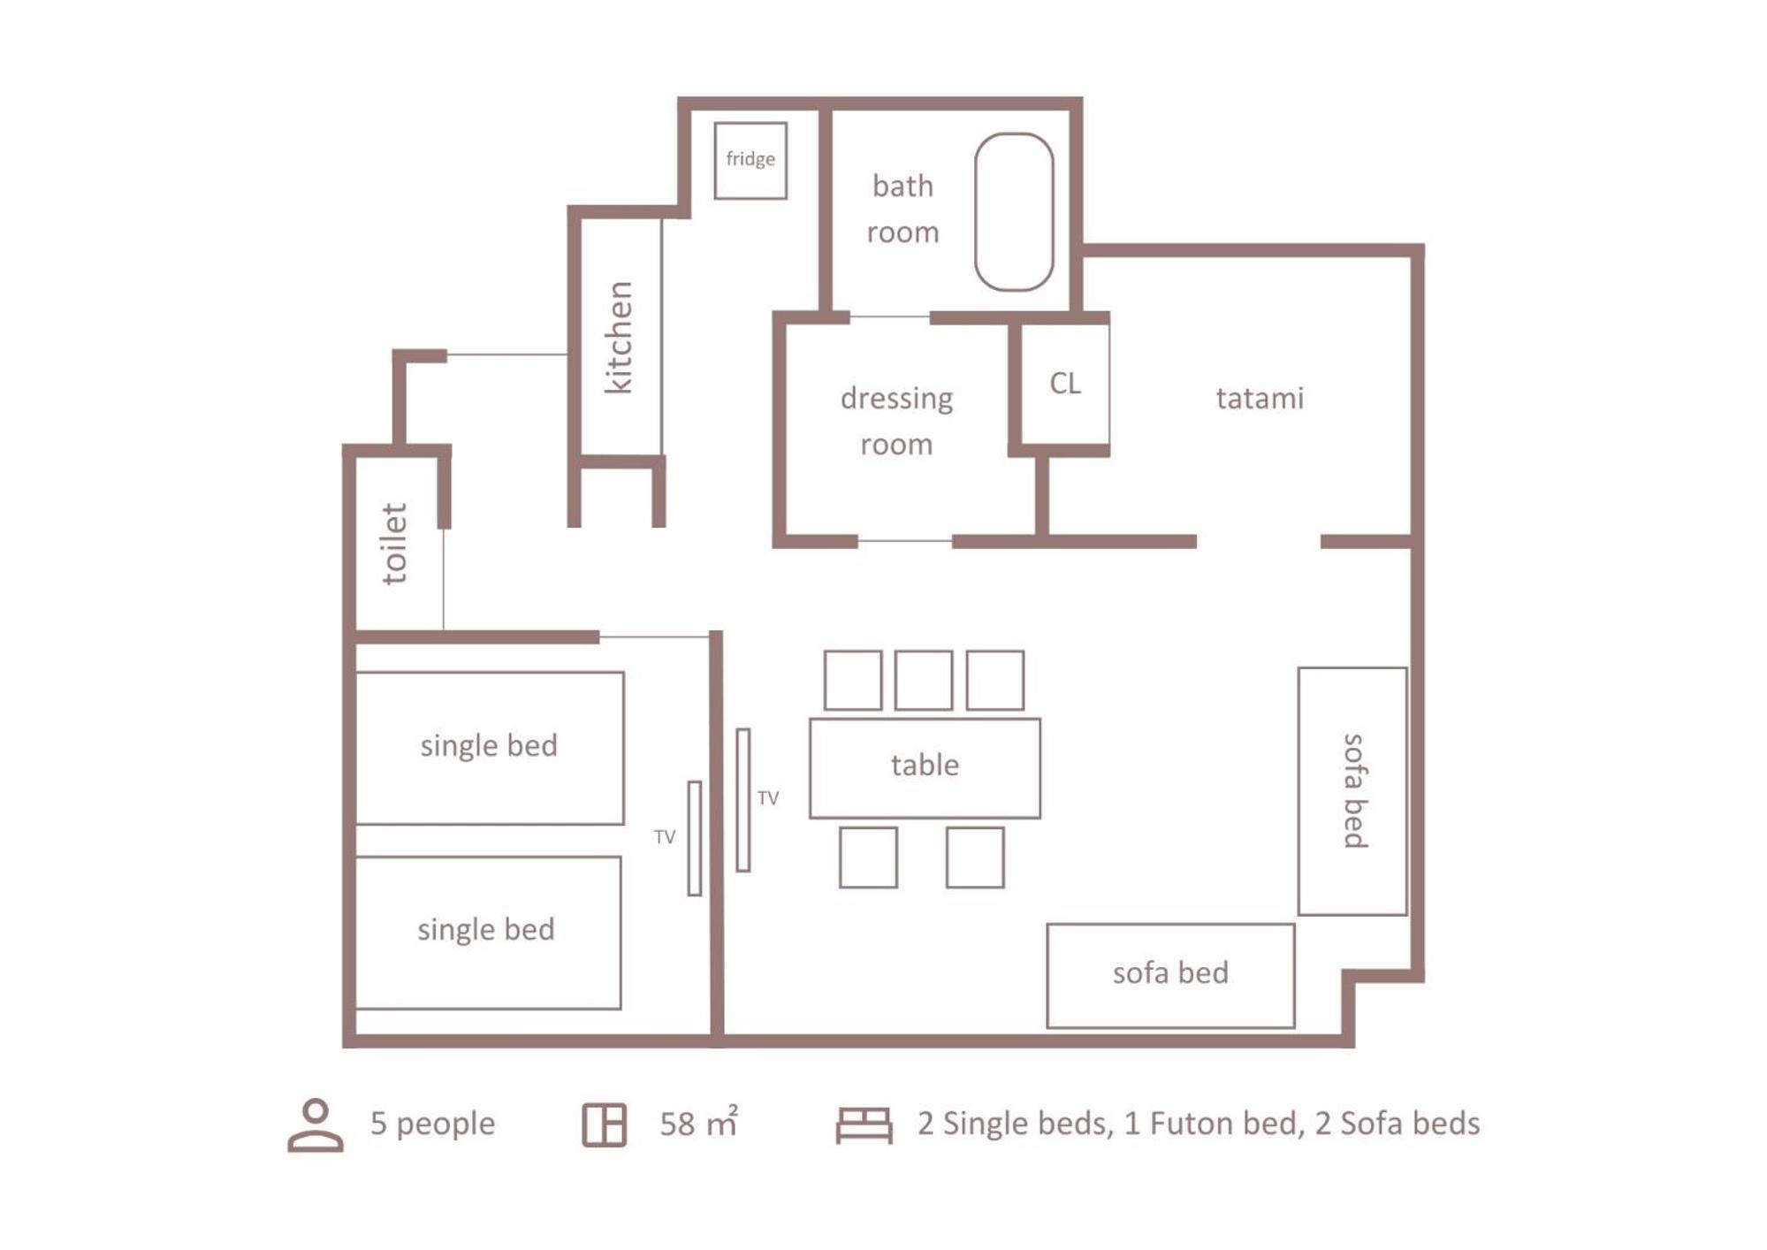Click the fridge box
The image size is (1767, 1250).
coord(750,161)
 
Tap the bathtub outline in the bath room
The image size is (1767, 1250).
coord(976,212)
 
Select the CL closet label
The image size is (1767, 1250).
coord(1065,383)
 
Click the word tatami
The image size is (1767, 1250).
coord(1260,398)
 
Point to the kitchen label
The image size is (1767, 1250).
coord(619,337)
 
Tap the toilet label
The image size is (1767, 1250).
coord(393,544)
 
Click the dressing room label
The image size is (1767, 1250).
coord(896,421)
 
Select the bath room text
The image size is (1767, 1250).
coord(903,209)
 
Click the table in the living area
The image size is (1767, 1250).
coord(925,767)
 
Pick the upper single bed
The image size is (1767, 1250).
coord(489,748)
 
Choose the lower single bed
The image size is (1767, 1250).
coord(487,932)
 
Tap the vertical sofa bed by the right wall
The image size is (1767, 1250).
coord(1352,791)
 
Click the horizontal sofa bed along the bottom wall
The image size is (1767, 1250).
coord(1170,976)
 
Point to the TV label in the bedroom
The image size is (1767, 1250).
coord(665,837)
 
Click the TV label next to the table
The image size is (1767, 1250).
coord(768,798)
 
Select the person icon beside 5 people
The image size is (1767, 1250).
coord(316,1124)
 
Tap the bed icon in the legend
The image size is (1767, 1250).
coord(864,1125)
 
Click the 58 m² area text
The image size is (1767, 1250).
coord(698,1122)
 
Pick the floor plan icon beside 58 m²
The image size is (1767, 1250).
coord(605,1125)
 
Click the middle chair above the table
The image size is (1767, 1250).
coord(924,680)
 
